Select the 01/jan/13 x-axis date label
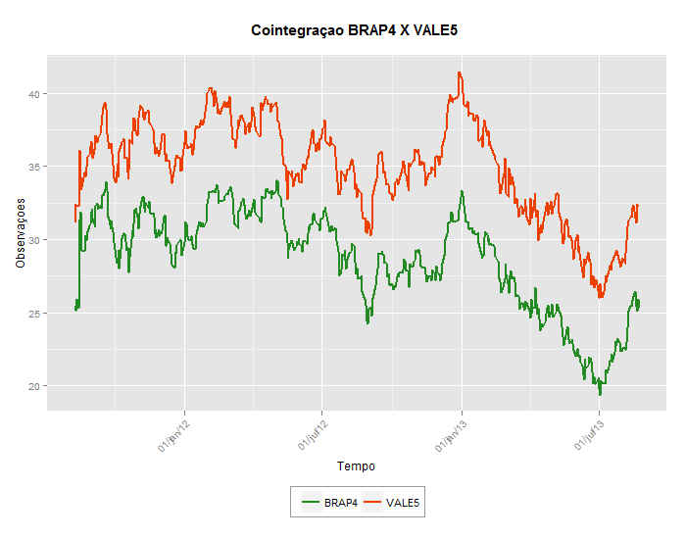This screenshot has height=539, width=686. coord(452,434)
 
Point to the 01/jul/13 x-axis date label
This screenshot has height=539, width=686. coord(589,434)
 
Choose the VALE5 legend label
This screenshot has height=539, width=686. coord(403,503)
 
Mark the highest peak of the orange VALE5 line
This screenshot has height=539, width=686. coord(459,73)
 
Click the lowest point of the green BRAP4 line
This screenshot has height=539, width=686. coord(600,394)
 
